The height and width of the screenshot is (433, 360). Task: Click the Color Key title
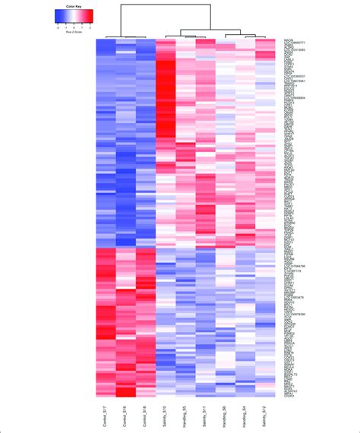click(74, 6)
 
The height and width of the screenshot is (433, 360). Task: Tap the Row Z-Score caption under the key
click(74, 31)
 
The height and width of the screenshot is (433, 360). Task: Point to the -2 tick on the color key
click(58, 26)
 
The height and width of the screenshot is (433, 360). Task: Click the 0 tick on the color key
click(74, 26)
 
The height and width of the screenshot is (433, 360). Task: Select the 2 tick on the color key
click(91, 26)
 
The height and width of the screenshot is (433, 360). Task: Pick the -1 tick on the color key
click(66, 26)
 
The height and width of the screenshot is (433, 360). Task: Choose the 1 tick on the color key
click(83, 26)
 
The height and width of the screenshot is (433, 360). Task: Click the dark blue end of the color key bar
click(58, 16)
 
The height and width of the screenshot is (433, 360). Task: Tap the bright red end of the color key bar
click(92, 16)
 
